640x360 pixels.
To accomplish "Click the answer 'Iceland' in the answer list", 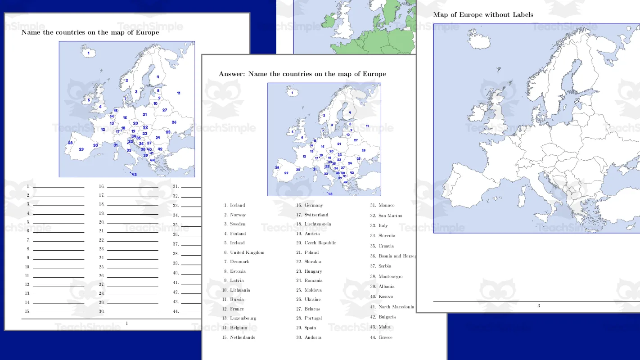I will point(237,205).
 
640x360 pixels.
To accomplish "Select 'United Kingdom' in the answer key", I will point(247,252).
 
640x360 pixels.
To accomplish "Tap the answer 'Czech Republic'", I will point(320,243).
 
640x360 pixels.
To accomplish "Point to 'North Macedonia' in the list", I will point(396,307).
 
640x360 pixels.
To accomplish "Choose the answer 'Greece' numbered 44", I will point(385,337).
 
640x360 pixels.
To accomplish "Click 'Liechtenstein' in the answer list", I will point(318,224).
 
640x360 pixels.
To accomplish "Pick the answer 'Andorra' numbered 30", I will point(313,337).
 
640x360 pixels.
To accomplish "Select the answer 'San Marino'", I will point(390,216).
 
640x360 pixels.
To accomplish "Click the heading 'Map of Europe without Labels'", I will point(483,15).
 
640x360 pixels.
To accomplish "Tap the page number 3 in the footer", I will point(538,306).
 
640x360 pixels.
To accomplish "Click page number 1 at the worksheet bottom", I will point(126,323).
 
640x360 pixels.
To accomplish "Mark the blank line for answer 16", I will point(132,187).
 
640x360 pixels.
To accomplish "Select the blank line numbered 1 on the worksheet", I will point(59,187).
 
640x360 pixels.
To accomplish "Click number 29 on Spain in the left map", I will point(81,149).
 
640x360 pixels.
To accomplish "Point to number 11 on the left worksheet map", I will point(179,93).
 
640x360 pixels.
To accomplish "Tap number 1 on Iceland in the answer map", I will point(293,94).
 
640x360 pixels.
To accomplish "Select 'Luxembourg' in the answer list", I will point(243,318).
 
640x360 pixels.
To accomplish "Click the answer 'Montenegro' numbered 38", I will point(390,277).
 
